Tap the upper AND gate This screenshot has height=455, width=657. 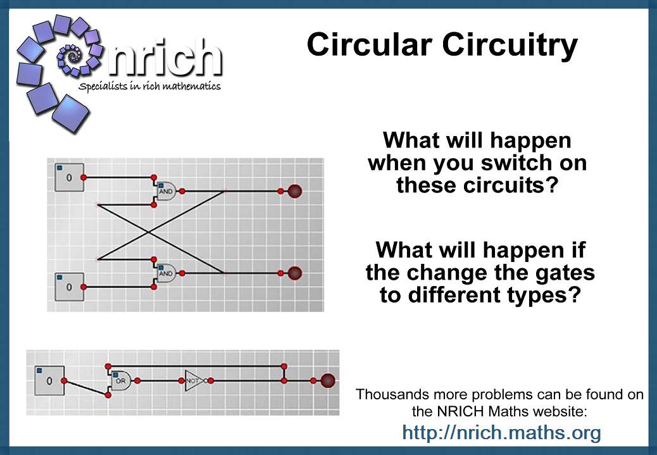[x=166, y=191]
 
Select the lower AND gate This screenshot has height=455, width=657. [x=166, y=273]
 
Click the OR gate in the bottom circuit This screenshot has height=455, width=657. [x=121, y=380]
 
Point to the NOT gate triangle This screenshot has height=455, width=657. [x=194, y=380]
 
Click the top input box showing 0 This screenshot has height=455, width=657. [x=69, y=178]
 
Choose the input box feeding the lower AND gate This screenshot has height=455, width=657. [x=69, y=287]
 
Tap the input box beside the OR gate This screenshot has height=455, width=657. [x=49, y=380]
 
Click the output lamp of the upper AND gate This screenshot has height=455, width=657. [x=294, y=191]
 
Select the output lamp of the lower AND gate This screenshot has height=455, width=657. [x=294, y=273]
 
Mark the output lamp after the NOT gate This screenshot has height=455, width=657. [x=328, y=380]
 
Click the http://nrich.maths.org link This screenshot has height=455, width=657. [x=501, y=432]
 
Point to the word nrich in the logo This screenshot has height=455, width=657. [x=165, y=59]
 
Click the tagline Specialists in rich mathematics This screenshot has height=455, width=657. [x=149, y=86]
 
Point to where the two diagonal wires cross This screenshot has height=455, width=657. [x=148, y=232]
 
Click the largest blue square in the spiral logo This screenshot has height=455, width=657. [x=70, y=113]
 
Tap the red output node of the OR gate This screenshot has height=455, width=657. [x=137, y=380]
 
